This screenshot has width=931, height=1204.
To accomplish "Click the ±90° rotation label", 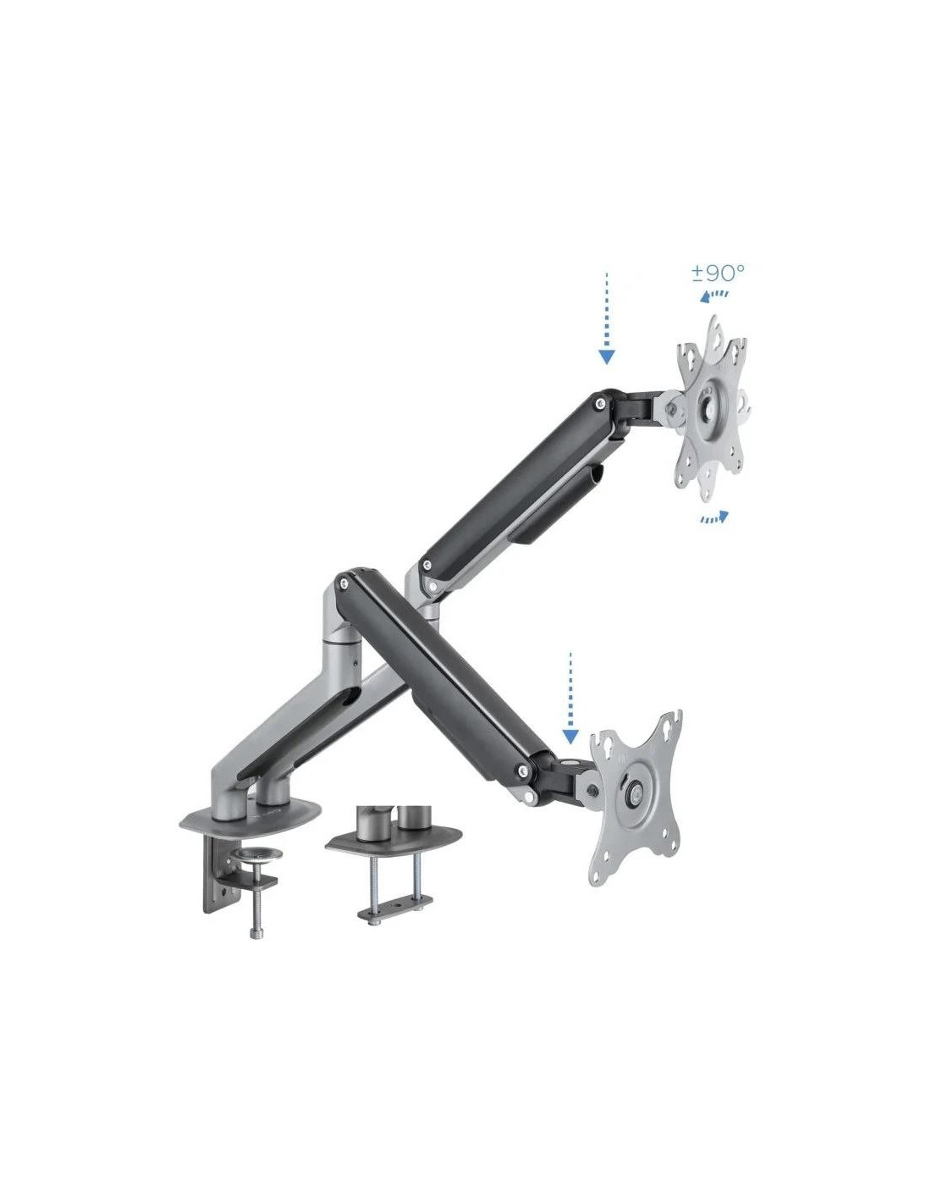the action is [x=717, y=273].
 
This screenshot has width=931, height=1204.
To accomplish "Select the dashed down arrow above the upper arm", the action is [x=607, y=318].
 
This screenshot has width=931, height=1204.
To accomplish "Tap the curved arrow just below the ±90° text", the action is [x=714, y=295].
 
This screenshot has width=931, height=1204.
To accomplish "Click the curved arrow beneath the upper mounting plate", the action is [x=713, y=517].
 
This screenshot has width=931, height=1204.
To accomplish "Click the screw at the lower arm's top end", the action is [x=344, y=583].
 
